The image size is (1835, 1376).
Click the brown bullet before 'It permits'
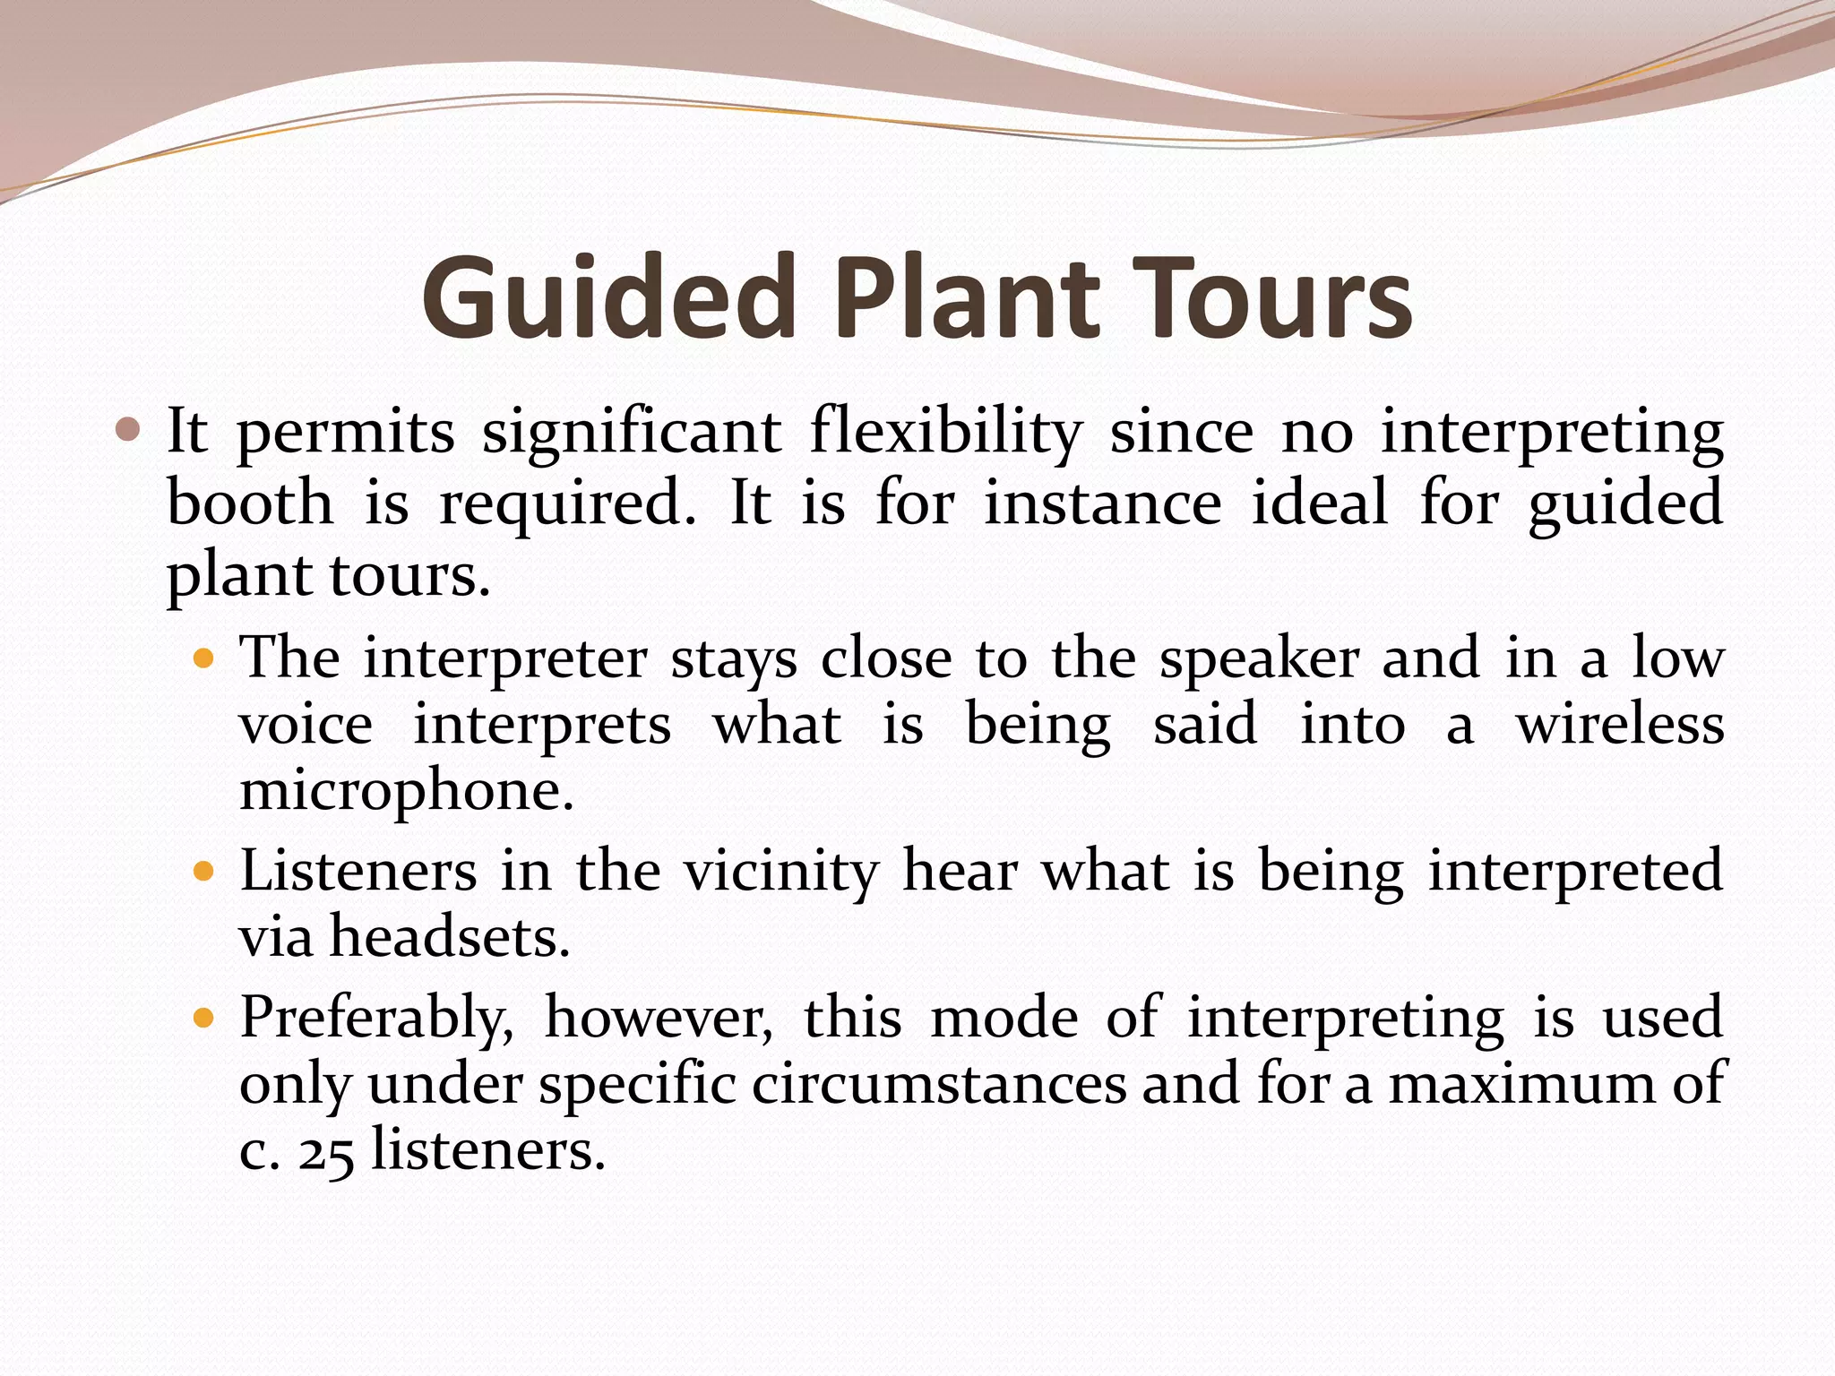point(129,432)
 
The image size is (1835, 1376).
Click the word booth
point(250,503)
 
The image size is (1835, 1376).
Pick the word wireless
point(1620,725)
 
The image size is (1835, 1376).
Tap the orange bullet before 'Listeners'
point(204,871)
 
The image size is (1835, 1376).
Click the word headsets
point(450,938)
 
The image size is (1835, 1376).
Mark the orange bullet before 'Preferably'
point(204,1019)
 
